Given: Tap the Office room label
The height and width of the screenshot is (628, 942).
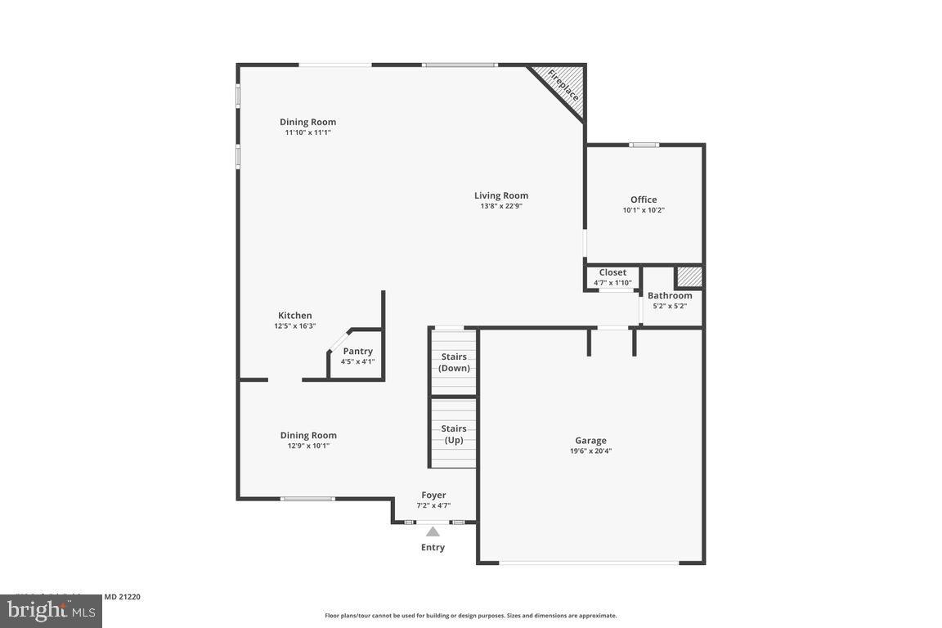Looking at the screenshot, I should [644, 200].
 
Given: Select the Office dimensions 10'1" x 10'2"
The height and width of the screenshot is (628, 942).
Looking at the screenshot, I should [644, 210].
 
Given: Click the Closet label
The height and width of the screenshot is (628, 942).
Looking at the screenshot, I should [612, 272].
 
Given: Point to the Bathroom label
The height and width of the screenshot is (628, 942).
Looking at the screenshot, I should [670, 295].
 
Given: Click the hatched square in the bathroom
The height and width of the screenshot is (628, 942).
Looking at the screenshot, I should [689, 276].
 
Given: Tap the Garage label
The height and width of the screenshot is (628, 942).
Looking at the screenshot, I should [590, 440].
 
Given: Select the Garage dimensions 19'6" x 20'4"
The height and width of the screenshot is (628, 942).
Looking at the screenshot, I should [590, 451].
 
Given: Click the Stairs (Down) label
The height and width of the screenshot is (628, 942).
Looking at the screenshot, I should [454, 362].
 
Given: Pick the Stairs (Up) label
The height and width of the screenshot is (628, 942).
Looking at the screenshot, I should [454, 434].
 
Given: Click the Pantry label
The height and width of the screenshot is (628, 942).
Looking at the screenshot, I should [357, 351].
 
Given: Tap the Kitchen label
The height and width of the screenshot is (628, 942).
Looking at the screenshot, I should [294, 315].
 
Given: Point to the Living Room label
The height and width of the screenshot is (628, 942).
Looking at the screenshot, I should [501, 195].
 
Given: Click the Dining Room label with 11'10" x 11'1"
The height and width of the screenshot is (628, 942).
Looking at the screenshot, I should [307, 122].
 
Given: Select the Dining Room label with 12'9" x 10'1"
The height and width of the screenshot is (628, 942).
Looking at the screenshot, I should [308, 435].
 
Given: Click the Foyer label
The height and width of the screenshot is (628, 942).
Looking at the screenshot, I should [433, 495].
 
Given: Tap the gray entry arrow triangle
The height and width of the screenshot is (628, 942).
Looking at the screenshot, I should [433, 532].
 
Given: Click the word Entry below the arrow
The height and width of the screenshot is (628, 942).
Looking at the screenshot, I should [433, 547].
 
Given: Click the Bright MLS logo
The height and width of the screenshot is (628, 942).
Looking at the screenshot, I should [51, 610].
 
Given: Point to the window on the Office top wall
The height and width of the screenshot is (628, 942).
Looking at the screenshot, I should [644, 145].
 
